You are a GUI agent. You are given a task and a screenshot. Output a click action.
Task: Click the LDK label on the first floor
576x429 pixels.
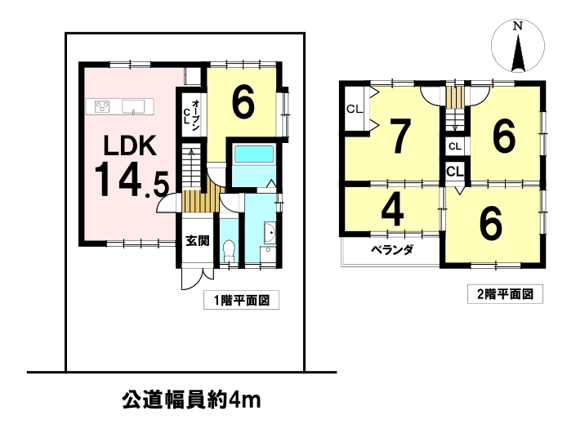coord(130,145)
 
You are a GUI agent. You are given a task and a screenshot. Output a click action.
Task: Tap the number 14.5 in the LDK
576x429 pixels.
coord(132,180)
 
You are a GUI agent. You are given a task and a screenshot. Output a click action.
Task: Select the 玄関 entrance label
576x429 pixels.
coord(197,241)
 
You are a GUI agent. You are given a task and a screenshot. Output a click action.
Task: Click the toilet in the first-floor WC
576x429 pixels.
coord(229,251)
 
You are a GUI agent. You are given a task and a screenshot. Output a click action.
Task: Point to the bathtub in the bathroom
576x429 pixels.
coord(254,154)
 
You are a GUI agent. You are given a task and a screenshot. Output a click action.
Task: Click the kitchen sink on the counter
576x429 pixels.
coord(132,106)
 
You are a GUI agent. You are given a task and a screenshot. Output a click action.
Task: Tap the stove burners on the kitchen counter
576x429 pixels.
coord(102,106)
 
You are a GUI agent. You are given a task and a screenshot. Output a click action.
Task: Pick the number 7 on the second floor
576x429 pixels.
coord(400,136)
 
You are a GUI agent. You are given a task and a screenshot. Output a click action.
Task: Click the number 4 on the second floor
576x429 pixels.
coord(393,210)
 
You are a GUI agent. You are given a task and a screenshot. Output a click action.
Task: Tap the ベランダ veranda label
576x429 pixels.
coord(392,250)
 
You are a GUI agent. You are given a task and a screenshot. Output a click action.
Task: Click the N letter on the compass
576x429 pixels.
coord(518,26)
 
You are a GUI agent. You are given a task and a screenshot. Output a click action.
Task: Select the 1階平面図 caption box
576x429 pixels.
coord(241,301)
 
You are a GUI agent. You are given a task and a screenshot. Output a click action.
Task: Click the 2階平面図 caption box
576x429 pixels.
coord(505,294)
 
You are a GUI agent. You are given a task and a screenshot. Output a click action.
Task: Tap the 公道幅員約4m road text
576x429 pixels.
coord(191,400)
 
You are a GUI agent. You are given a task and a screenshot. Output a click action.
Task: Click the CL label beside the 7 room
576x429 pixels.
coord(355,109)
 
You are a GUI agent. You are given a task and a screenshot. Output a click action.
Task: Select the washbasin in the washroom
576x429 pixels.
coord(270,233)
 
